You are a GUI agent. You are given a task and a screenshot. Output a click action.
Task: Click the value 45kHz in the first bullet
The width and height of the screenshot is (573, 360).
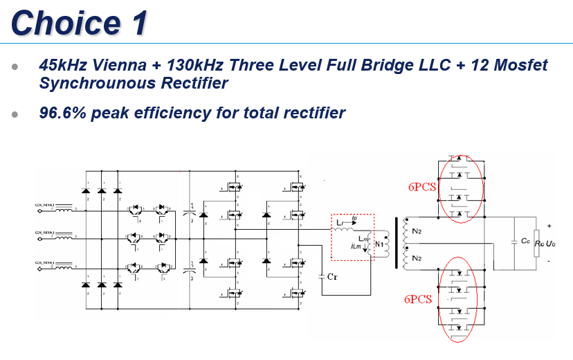(x=62, y=66)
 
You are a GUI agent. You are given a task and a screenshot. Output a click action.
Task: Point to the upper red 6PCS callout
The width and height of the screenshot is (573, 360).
(x=421, y=187)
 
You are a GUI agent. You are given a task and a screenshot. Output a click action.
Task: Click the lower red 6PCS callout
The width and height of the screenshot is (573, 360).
(x=419, y=299)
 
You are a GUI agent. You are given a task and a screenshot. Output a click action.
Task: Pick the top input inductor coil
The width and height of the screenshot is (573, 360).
(x=64, y=206)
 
